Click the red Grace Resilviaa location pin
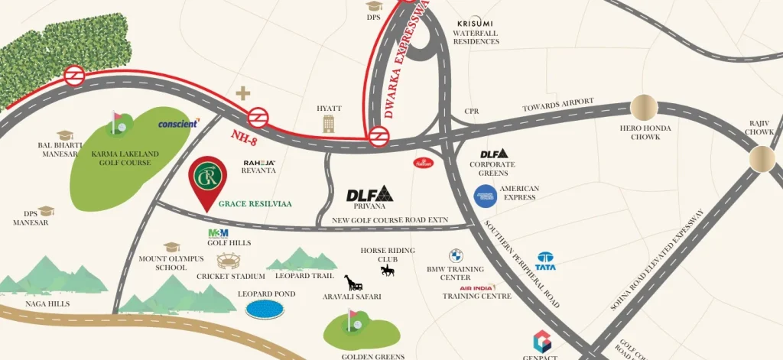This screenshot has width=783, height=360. click(x=208, y=180)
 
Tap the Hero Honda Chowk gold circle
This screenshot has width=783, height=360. click(x=644, y=109)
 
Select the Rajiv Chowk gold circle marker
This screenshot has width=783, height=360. click(x=762, y=158)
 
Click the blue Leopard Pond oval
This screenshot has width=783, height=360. click(x=263, y=309)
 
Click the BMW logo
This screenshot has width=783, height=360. click(x=455, y=255)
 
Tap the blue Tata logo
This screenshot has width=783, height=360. click(x=545, y=261)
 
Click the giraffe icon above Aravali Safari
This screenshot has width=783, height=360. click(x=353, y=282)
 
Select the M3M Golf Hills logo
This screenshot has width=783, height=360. click(x=218, y=233)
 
